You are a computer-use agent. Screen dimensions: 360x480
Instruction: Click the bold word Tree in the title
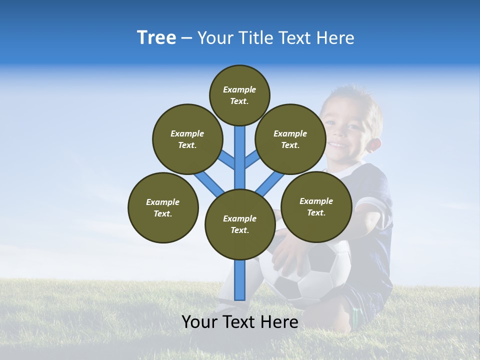pyautogui.click(x=156, y=37)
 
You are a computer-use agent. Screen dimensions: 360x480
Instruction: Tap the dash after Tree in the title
pyautogui.click(x=186, y=38)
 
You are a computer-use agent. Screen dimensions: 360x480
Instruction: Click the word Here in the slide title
pyautogui.click(x=335, y=38)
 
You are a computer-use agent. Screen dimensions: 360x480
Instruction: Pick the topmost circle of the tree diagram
pyautogui.click(x=239, y=95)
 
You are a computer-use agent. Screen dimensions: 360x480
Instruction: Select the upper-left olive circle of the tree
pyautogui.click(x=187, y=139)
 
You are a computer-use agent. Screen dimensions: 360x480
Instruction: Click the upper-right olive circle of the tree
pyautogui.click(x=290, y=139)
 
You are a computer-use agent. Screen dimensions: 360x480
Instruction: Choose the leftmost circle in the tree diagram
pyautogui.click(x=163, y=207)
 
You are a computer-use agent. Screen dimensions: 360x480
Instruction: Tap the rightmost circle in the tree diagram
pyautogui.click(x=316, y=206)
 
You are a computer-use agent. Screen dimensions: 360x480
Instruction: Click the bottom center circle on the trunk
pyautogui.click(x=240, y=224)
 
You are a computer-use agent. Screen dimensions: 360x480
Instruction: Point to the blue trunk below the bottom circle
pyautogui.click(x=240, y=280)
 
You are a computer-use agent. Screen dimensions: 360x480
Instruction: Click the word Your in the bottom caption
pyautogui.click(x=197, y=322)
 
